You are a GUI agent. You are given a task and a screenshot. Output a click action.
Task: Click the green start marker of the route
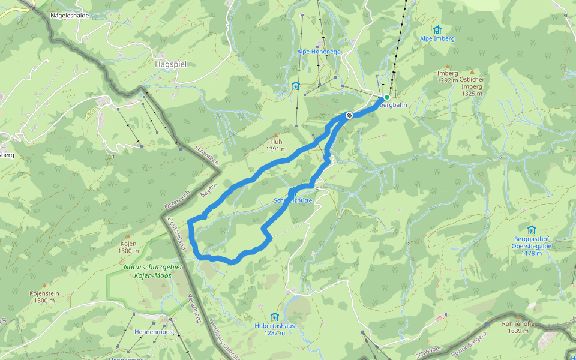point(387,97)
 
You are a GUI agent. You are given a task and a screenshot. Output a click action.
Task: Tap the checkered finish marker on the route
point(349,115)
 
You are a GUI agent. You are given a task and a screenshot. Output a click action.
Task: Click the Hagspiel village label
point(170,63)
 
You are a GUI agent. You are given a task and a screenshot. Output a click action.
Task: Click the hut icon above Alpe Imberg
point(437,29)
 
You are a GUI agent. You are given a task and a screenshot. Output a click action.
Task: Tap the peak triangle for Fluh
point(276,135)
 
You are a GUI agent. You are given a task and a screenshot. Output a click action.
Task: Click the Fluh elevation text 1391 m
point(276,149)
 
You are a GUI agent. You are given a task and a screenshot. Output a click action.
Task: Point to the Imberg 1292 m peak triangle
point(447,67)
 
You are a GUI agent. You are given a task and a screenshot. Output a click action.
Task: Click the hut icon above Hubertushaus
point(274,316)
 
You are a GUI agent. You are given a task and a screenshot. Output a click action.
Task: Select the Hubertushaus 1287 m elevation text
point(274,332)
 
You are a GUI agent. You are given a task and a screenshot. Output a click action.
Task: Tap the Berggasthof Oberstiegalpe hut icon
point(531,229)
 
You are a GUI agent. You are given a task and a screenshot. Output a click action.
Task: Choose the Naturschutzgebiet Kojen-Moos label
point(148,271)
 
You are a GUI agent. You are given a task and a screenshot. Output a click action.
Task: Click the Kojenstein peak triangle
point(44,286)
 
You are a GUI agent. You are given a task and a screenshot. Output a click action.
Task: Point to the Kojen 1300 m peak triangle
point(127,236)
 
